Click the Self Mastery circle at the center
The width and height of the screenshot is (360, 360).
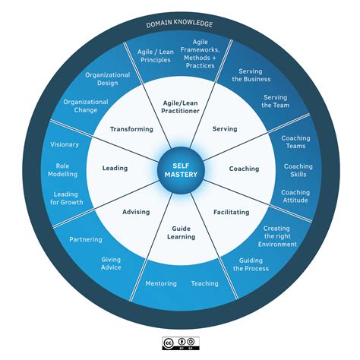pos(181,170)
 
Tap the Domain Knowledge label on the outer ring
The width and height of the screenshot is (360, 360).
pos(179,24)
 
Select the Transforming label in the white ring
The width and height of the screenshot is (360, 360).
pos(131,129)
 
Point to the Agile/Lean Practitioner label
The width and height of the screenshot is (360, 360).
pos(180,107)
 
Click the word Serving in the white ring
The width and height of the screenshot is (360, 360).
pos(225,129)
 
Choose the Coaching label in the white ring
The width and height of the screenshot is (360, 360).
pos(244,169)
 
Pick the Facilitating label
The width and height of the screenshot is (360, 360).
pos(232,212)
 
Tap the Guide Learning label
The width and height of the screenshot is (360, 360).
pos(182,232)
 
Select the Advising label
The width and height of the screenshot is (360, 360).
pos(136,212)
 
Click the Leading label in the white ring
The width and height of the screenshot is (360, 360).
pos(115,168)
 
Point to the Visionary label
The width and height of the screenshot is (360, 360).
pos(65,144)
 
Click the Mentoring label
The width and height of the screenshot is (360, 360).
pos(161,283)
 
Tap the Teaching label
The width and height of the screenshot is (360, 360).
pos(205,283)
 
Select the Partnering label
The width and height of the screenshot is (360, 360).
pos(86,239)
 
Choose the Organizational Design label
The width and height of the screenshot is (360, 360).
pos(108,79)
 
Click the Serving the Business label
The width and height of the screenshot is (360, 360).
pos(251,75)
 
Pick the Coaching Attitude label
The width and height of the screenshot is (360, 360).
pos(295,196)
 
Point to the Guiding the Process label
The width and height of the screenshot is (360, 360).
pos(251,264)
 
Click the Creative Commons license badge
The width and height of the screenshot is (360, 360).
pos(181,343)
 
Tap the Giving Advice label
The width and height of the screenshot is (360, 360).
pos(111,264)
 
